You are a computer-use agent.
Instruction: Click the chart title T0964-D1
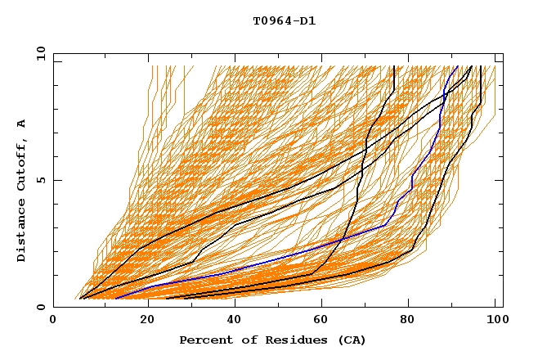point(284,21)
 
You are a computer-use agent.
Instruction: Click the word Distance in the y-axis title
point(22,232)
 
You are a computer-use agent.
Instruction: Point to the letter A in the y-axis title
point(22,124)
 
